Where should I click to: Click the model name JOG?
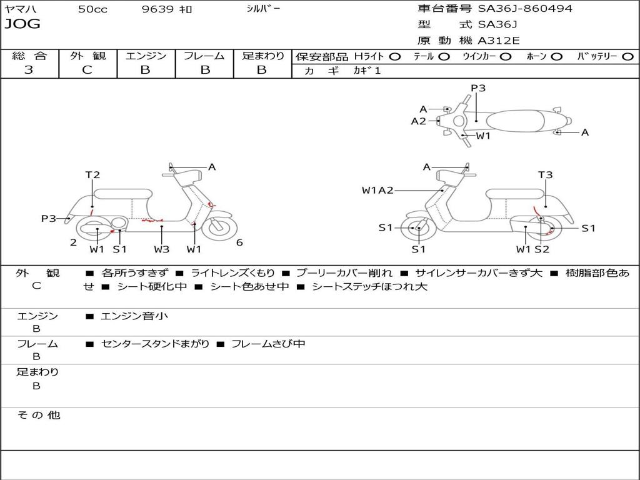(x=22, y=24)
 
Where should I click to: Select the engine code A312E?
(x=498, y=41)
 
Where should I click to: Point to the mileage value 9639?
(x=158, y=9)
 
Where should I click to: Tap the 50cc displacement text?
(x=92, y=9)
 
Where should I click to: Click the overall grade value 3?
(x=29, y=70)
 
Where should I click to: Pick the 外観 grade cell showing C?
(x=87, y=70)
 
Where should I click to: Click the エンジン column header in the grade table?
(x=146, y=56)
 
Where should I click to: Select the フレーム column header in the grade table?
(x=204, y=56)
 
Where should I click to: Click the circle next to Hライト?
(x=395, y=57)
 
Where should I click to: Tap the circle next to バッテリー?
(x=627, y=57)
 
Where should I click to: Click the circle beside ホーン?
(x=556, y=57)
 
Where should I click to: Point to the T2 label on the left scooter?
(x=92, y=175)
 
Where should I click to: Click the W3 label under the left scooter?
(x=162, y=249)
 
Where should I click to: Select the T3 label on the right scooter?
(x=546, y=175)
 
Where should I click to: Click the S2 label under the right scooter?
(x=542, y=249)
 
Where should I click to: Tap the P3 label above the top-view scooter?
(x=478, y=88)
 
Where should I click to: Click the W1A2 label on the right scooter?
(x=377, y=191)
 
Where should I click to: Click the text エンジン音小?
(x=134, y=316)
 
